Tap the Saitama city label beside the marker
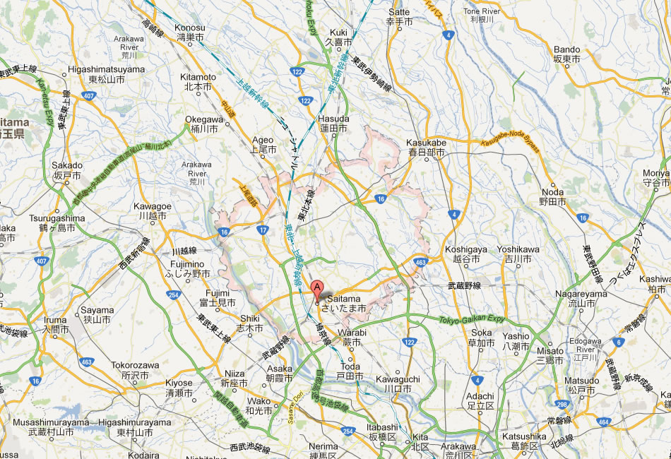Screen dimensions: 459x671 tap(343, 304)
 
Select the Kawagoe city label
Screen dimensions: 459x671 tap(153, 210)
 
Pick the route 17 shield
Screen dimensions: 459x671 tap(262, 229)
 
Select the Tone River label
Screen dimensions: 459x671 tap(480, 16)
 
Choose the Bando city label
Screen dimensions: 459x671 tap(567, 54)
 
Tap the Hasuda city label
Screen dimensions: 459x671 tap(333, 124)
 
